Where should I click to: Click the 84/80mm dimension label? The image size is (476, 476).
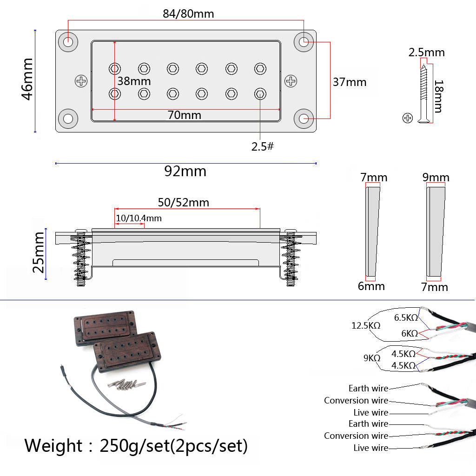coord(188,13)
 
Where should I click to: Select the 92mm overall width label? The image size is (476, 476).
coord(185,172)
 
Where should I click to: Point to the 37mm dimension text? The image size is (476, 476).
coord(350,82)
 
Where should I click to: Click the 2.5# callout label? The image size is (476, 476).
coord(263,146)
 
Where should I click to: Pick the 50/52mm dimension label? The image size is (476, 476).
coord(183,203)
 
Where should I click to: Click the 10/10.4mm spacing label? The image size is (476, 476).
coord(139,218)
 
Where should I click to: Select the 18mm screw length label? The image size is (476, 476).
coord(437,96)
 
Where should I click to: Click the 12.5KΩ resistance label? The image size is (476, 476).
coord(366,325)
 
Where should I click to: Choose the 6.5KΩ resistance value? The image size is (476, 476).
coord(406,317)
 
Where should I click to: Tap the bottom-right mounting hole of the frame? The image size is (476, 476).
coord(304,119)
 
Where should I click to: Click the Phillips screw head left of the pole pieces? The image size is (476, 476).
coord(81,81)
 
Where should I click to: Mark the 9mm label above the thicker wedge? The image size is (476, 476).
coord(436,178)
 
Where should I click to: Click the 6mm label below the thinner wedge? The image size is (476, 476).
coord(371,286)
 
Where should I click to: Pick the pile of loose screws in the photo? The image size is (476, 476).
coord(124,384)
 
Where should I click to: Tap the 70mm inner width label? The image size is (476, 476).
coord(185,115)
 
